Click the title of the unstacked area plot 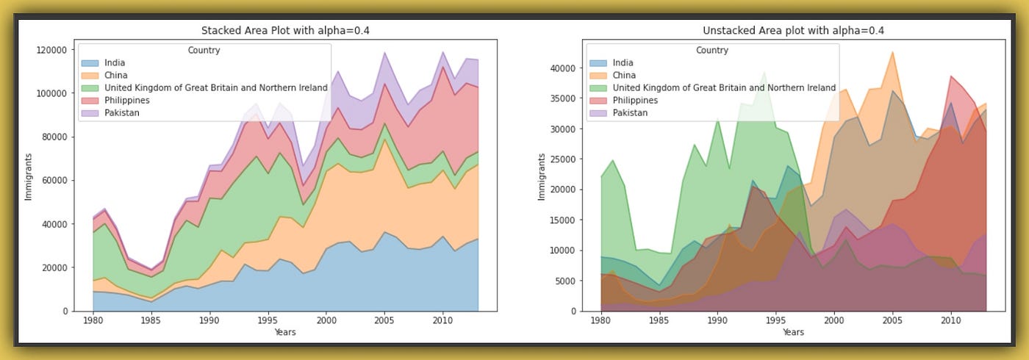793,30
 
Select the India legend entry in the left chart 115,62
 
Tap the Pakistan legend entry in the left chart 121,112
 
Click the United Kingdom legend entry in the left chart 215,87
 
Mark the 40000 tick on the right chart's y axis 562,68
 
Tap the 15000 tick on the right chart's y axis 562,220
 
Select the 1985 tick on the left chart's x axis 151,321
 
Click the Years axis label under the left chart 285,333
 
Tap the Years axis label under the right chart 793,333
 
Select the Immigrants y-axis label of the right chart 541,176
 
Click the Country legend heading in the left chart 204,51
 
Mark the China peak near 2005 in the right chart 892,52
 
